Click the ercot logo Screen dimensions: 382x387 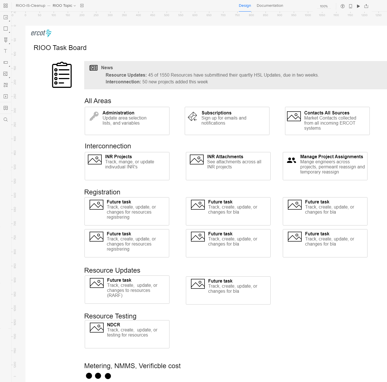click(x=41, y=33)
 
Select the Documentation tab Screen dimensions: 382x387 click(x=270, y=6)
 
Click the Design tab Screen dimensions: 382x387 click(x=245, y=6)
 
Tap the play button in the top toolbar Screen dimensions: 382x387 click(x=358, y=6)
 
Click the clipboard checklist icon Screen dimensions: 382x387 click(x=62, y=75)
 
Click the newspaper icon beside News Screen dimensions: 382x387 click(x=94, y=68)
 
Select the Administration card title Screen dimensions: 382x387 click(x=118, y=113)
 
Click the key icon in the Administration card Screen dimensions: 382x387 click(x=94, y=116)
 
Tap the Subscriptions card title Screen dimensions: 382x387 click(x=216, y=113)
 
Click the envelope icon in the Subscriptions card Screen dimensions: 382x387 click(x=193, y=116)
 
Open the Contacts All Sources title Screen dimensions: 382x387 click(x=327, y=113)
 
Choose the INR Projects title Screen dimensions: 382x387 click(x=118, y=157)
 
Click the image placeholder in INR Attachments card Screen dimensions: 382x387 click(x=197, y=160)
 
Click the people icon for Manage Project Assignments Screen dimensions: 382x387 click(x=291, y=160)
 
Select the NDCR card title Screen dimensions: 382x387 click(x=114, y=325)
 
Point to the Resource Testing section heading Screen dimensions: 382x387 click(x=110, y=316)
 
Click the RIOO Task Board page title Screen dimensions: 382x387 click(x=60, y=48)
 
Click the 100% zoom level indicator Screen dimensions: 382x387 click(x=324, y=6)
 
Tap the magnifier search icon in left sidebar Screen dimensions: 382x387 click(x=5, y=120)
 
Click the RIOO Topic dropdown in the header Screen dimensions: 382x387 click(x=64, y=6)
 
